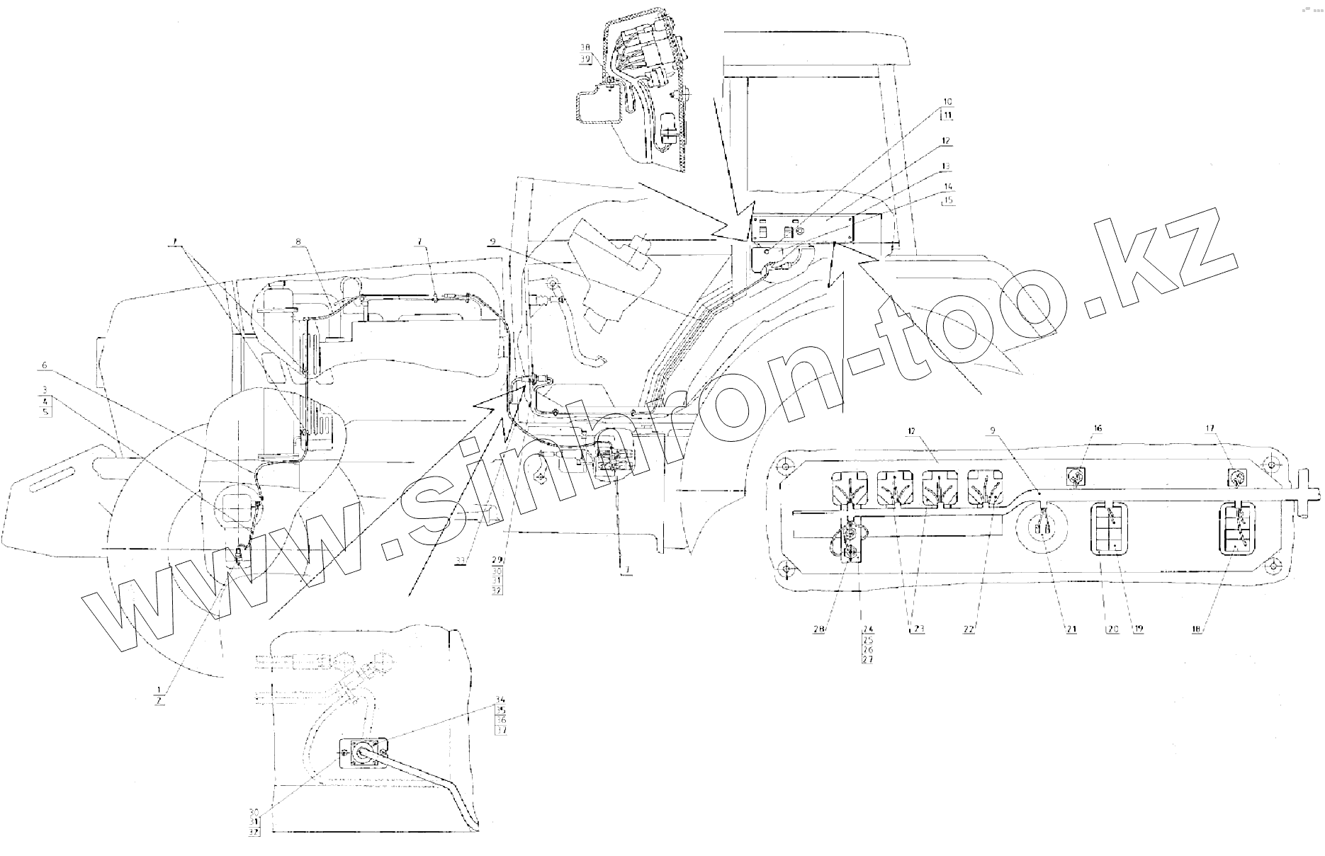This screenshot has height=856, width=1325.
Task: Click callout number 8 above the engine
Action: pos(299,242)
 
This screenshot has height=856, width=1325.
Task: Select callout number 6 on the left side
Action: pos(44,365)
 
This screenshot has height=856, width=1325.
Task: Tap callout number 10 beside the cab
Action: pos(947,101)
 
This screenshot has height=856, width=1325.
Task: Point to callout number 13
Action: pos(947,166)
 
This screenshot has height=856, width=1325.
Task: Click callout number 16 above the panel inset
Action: pos(1078,428)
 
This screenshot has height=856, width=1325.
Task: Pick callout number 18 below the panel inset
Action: pos(1196,628)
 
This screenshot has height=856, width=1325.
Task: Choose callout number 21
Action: pos(1072,628)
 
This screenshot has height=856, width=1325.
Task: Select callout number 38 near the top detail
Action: pos(585,47)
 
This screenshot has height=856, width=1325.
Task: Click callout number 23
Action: pos(918,628)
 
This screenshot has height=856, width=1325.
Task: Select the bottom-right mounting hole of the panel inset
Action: pos(1273,566)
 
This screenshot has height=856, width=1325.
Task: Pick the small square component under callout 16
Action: pos(1077,478)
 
